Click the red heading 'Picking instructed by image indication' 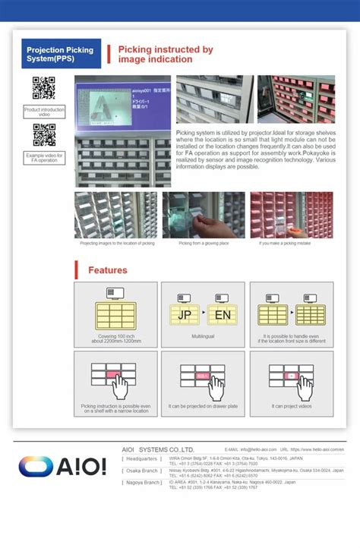165,55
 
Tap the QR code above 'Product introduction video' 44,89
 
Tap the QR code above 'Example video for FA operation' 44,135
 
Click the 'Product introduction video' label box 44,112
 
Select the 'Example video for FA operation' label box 44,158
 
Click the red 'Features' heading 107,270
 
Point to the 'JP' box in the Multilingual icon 185,314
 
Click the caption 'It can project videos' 292,406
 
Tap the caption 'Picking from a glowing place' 203,244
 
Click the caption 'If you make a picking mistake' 292,244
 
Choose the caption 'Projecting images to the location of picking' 117,244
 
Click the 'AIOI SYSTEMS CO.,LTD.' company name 158,449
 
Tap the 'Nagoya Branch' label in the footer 142,482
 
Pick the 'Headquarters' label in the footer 142,459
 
